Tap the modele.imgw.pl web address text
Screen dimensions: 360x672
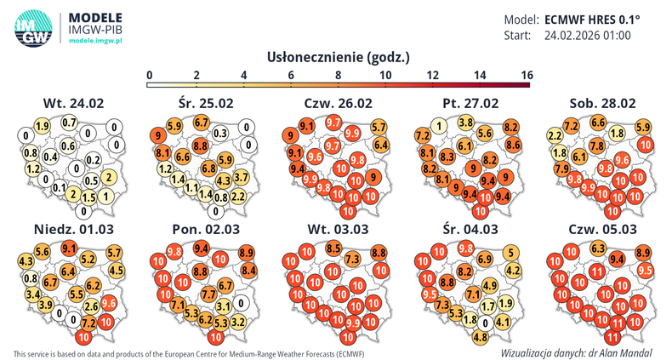96,41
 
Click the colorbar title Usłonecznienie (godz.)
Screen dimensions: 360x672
339,58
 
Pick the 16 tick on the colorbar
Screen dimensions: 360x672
526,76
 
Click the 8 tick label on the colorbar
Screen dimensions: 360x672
339,76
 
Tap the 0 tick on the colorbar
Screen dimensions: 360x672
150,76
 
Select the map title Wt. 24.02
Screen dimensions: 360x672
73,103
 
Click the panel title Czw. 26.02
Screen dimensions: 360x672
338,103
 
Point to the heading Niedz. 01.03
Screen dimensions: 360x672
73,230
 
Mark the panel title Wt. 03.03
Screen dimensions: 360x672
338,230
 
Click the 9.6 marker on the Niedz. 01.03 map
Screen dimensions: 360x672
109,302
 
